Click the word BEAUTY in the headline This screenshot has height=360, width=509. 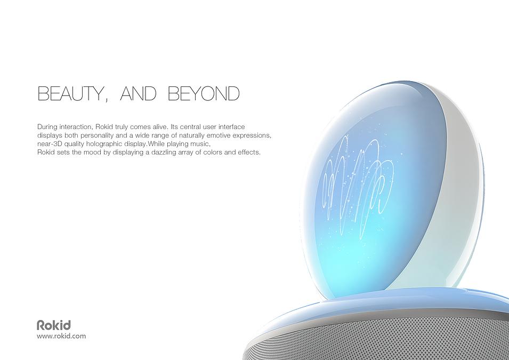[x=70, y=93]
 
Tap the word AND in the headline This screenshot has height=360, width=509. [x=138, y=93]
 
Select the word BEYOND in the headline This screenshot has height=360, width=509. [x=204, y=93]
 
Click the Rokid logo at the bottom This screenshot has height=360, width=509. [x=53, y=325]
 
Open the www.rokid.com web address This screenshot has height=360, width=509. [x=61, y=336]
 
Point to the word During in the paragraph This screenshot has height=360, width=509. [x=47, y=127]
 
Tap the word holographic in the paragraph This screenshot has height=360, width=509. [x=104, y=143]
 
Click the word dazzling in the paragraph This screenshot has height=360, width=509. [x=164, y=152]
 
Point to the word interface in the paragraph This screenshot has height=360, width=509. [x=231, y=127]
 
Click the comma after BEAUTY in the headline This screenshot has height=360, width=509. [x=106, y=100]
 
